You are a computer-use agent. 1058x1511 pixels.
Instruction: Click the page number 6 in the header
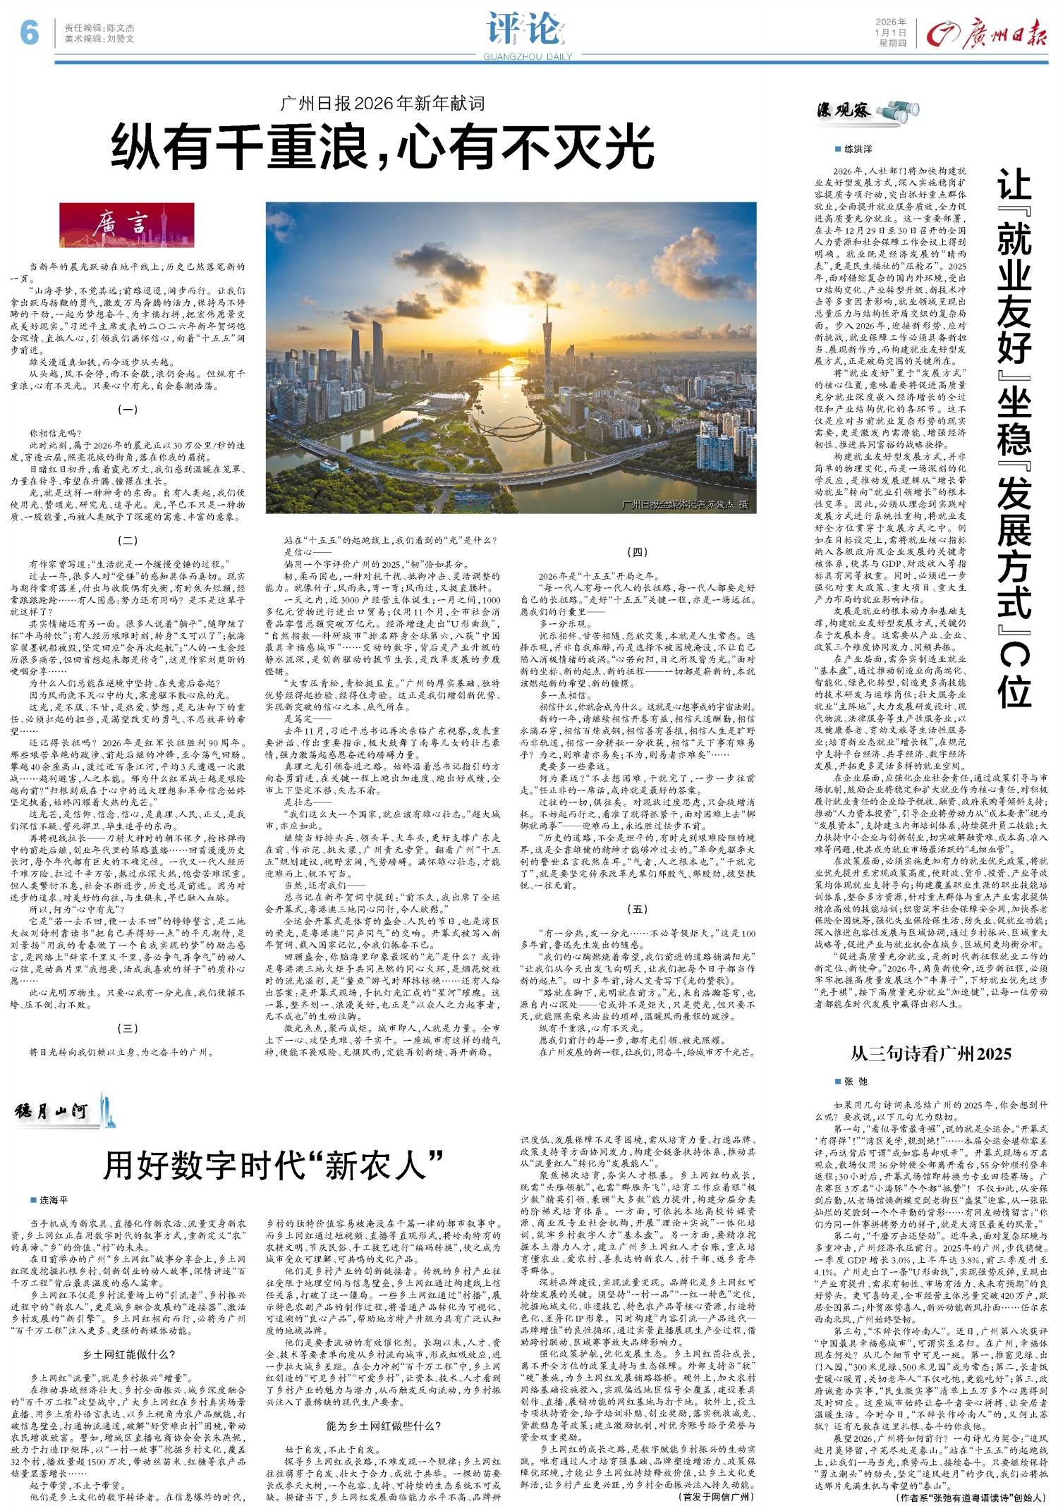pyautogui.click(x=29, y=32)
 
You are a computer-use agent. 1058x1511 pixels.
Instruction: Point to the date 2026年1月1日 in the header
pyautogui.click(x=891, y=32)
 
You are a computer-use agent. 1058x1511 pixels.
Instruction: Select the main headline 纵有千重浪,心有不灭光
pyautogui.click(x=382, y=146)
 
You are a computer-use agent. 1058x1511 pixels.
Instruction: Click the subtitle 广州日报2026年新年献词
pyautogui.click(x=382, y=104)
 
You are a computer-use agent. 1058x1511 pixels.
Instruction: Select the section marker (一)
pyautogui.click(x=127, y=409)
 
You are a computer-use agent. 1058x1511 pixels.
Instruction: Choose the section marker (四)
pyautogui.click(x=637, y=551)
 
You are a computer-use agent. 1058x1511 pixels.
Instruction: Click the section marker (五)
pyautogui.click(x=637, y=909)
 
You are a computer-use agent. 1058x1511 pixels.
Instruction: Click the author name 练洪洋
pyautogui.click(x=858, y=149)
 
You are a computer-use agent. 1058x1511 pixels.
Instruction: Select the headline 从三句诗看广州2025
pyautogui.click(x=930, y=1053)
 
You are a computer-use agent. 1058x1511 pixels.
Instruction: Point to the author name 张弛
pyautogui.click(x=856, y=1081)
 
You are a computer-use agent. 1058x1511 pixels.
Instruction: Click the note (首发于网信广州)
pyautogui.click(x=716, y=1496)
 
